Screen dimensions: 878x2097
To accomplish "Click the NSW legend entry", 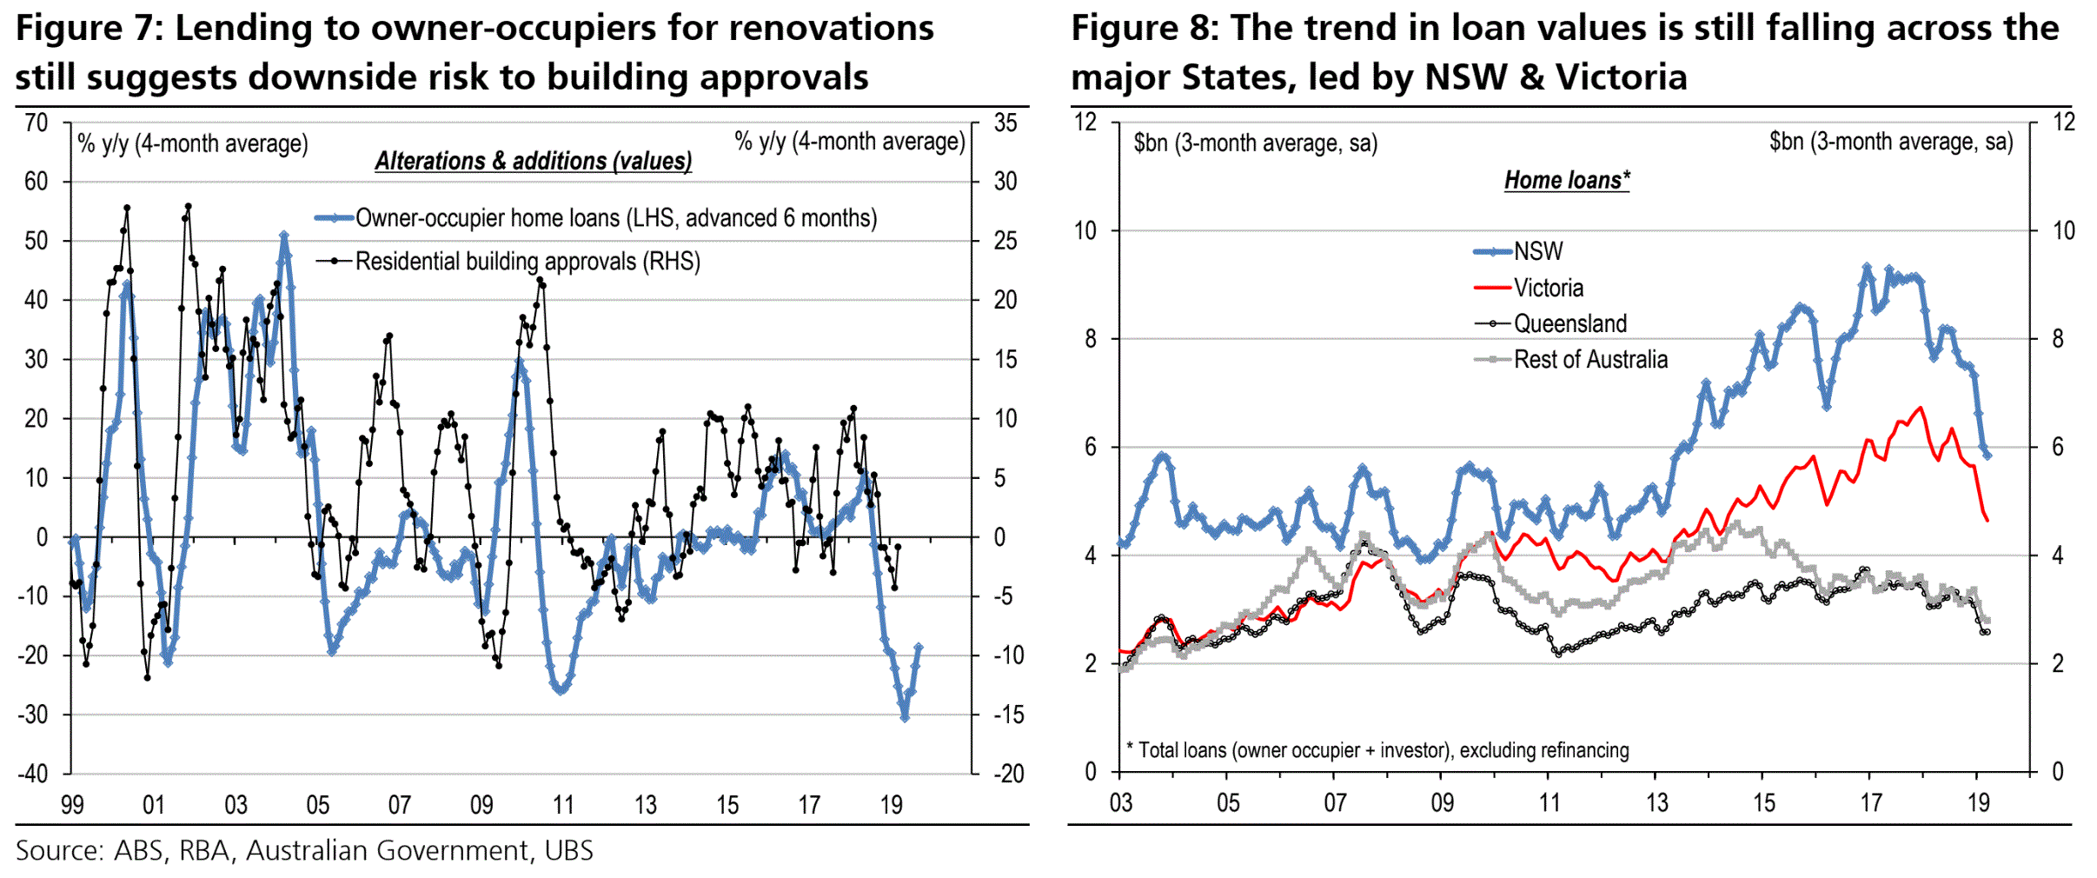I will click(1537, 251).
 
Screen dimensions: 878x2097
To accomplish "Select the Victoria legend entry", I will click(1548, 288).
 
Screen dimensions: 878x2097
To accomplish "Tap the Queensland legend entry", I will click(1569, 323).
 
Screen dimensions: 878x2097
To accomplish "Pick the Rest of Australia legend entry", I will click(1589, 359).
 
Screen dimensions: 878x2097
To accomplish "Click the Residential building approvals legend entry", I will click(527, 261).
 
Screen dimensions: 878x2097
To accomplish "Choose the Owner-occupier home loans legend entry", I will click(615, 217).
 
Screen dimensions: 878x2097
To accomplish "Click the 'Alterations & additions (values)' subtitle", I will click(533, 161).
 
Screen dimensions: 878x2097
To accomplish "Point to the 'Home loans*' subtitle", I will click(1566, 180).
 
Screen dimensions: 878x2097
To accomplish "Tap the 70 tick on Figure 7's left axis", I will click(36, 123).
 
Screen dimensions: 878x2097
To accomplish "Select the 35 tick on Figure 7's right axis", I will click(1005, 123).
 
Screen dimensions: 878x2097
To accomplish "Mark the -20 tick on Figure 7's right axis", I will click(1008, 773).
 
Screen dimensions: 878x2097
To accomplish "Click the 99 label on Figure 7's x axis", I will click(72, 805).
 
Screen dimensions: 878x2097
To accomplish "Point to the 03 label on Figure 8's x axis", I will click(1120, 802).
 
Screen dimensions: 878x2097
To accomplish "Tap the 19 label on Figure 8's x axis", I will click(1978, 802).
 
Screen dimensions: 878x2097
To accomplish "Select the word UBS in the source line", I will click(568, 850).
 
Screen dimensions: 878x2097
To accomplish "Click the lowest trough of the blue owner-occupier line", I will click(905, 717).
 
